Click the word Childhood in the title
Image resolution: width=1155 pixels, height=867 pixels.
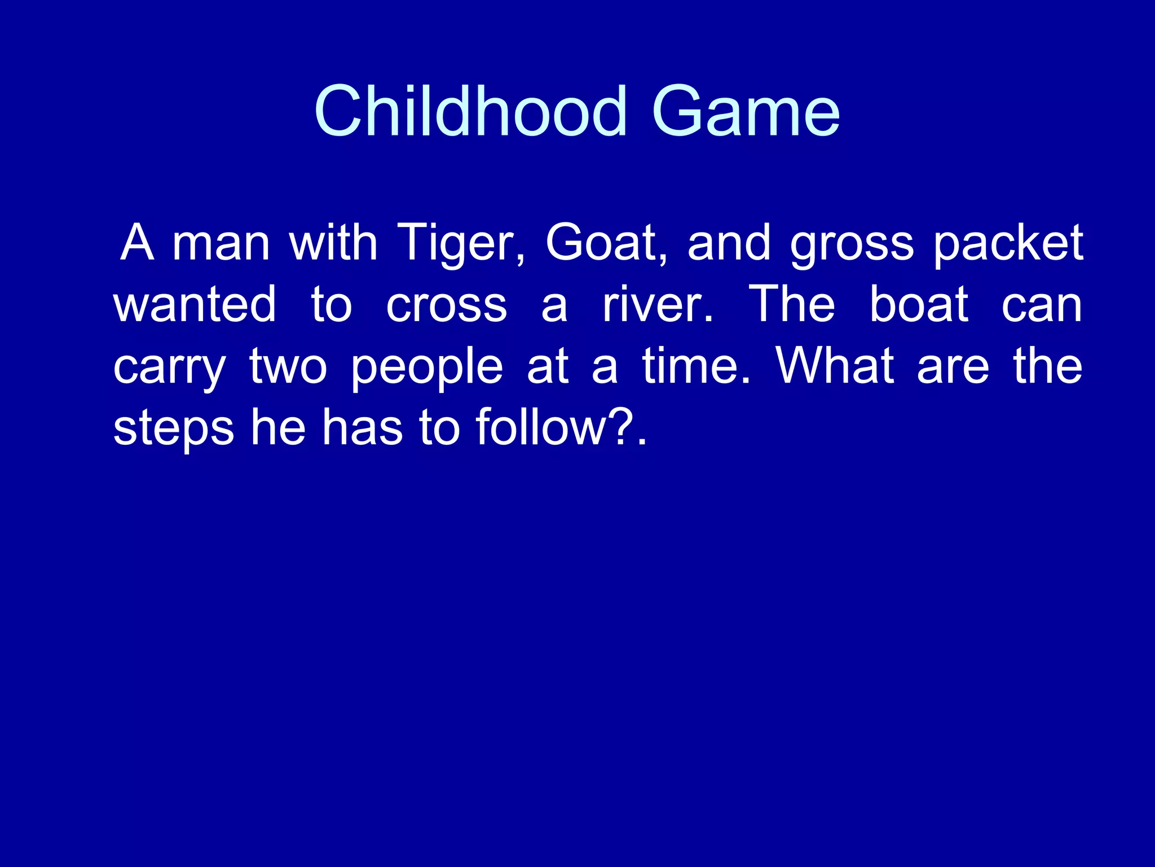tap(470, 111)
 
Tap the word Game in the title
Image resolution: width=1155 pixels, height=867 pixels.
tap(745, 111)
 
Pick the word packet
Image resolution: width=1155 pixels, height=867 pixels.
tap(1008, 244)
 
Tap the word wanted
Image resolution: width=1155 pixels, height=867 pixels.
tap(195, 305)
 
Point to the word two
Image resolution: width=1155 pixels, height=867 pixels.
tap(288, 367)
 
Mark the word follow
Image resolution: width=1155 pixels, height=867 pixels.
tap(540, 427)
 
